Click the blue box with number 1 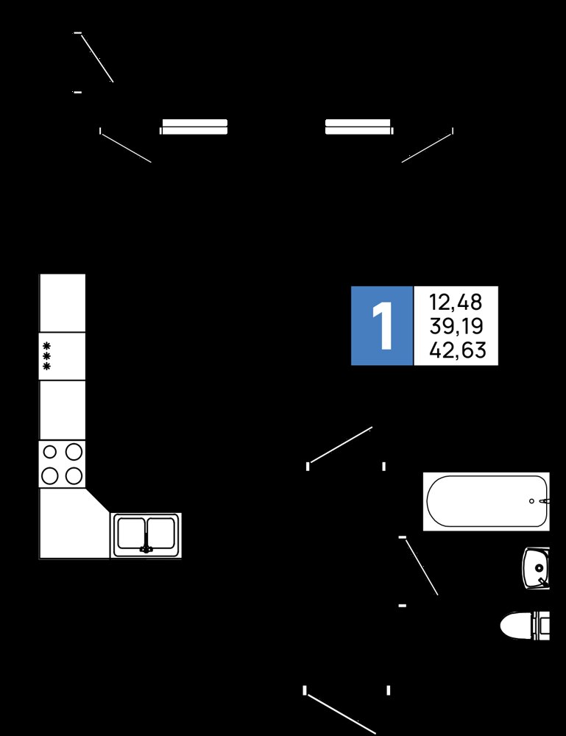coord(381,325)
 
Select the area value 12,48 coord(456,302)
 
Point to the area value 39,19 coord(456,326)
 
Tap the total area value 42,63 coord(457,350)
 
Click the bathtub coord(487,501)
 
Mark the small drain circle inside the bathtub coord(531,501)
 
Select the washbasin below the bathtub coord(536,567)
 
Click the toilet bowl coord(525,626)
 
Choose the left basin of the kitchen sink coord(131,533)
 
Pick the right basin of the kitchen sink coord(161,533)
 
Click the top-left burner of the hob coord(50,452)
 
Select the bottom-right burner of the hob coord(74,475)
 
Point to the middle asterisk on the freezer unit coord(46,356)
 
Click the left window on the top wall coord(194,127)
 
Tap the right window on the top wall coord(359,127)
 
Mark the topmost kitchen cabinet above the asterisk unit coord(63,302)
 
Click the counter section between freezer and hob coord(63,410)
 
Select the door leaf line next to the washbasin coord(422,567)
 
